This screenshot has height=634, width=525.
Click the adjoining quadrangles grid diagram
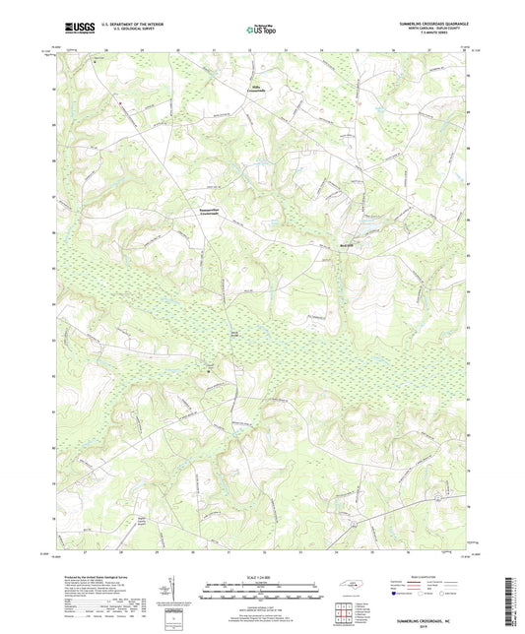[x=345, y=612]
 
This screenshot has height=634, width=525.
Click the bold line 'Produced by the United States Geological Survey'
[x=89, y=575]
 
